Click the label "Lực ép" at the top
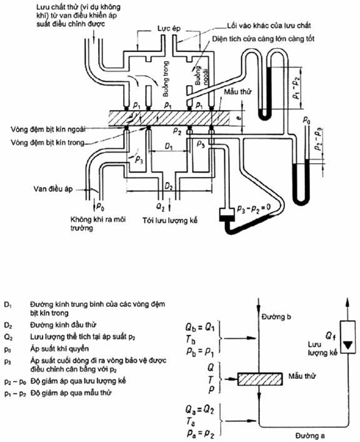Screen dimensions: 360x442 point(169,29)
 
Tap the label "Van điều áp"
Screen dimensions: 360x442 point(53,189)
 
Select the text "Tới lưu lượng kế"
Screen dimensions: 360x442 point(170,220)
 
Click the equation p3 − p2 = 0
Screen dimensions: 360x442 point(254,208)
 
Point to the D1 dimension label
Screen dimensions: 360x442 point(169,146)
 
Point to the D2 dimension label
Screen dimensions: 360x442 point(169,186)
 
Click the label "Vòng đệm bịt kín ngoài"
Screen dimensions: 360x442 point(48,129)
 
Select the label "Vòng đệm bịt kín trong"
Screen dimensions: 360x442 point(47,143)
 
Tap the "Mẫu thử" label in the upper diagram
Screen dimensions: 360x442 point(238,92)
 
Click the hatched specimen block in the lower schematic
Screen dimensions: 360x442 point(260,379)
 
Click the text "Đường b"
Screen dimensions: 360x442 point(276,317)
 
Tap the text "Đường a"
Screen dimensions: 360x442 point(310,436)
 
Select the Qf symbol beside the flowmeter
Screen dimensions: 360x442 point(331,336)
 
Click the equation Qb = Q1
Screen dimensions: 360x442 point(200,327)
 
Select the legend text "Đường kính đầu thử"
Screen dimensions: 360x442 point(63,325)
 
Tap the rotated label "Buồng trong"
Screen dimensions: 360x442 point(166,79)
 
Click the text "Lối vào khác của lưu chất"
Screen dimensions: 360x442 point(269,26)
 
